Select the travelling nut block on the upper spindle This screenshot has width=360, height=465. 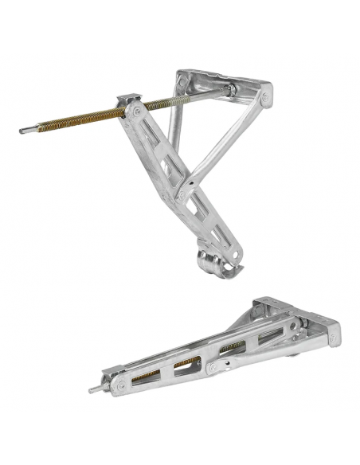tap(127, 104)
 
